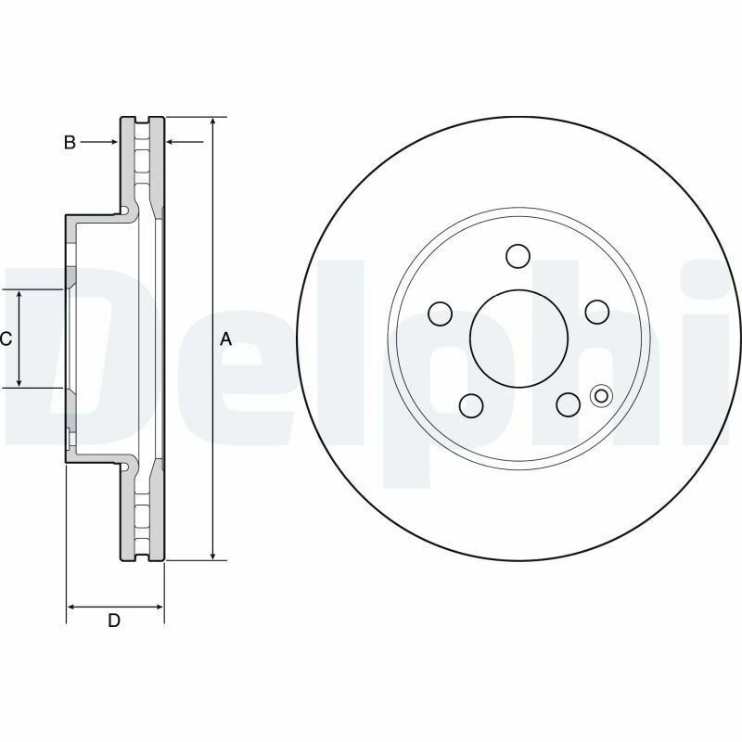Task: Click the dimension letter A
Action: point(225,340)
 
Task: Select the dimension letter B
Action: point(70,142)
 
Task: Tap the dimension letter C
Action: point(6,339)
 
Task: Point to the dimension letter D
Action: point(113,620)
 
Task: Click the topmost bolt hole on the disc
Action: point(518,255)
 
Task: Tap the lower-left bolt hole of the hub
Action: point(470,404)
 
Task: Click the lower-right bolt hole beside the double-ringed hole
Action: point(567,404)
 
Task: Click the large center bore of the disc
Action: point(518,339)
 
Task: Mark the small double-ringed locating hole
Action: point(600,396)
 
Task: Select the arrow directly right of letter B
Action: point(111,142)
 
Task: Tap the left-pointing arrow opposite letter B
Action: point(172,142)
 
